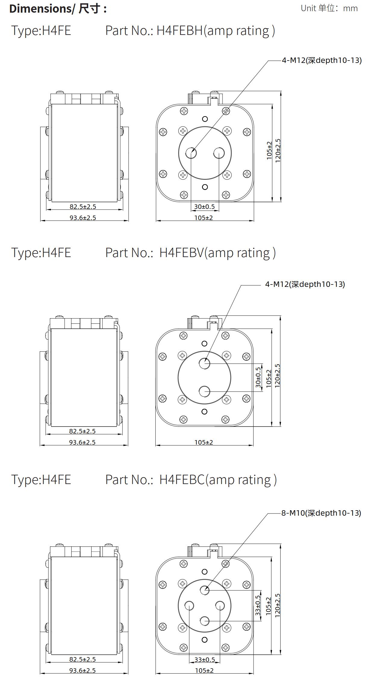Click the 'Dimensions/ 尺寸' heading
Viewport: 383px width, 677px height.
[x=55, y=8]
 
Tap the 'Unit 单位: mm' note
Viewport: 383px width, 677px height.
[x=329, y=8]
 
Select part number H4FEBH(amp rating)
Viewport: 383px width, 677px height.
[x=190, y=31]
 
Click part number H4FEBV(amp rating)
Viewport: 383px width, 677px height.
[x=190, y=253]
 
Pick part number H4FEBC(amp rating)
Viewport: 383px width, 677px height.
[x=191, y=480]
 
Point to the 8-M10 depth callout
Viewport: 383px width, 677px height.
[x=321, y=513]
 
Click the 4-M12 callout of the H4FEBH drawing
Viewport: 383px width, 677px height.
[x=322, y=60]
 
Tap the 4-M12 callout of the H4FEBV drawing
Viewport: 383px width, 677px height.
[x=305, y=284]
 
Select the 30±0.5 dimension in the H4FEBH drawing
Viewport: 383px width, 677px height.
[x=204, y=207]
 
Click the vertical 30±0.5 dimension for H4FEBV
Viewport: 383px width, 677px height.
[x=258, y=377]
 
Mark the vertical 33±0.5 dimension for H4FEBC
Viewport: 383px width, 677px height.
[x=258, y=606]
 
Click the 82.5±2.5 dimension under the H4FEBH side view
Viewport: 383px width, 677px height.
[x=83, y=207]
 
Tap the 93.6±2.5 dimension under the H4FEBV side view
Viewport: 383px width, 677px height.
[x=82, y=442]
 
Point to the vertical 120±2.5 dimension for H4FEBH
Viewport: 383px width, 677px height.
[x=278, y=151]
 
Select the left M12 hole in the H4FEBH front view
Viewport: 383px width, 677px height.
[x=191, y=153]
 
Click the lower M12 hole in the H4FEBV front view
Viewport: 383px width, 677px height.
[x=204, y=392]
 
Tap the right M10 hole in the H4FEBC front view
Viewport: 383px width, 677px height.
[x=220, y=606]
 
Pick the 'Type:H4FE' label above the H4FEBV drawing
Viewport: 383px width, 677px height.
[x=41, y=253]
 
